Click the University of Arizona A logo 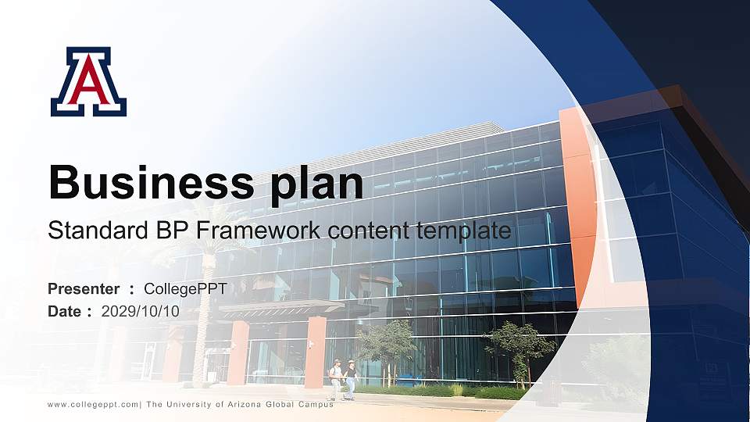[88, 81]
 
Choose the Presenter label [84, 289]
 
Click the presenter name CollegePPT [185, 289]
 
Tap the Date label [65, 311]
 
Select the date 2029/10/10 [141, 311]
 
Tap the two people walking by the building [344, 379]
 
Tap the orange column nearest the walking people [316, 352]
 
